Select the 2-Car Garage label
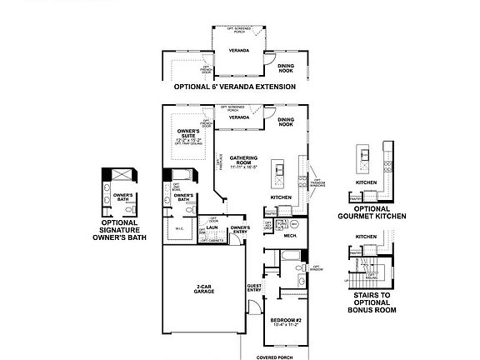point(202,289)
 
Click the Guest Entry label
point(254,288)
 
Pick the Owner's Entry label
point(240,229)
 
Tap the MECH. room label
point(291,236)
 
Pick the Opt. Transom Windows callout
point(317,182)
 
